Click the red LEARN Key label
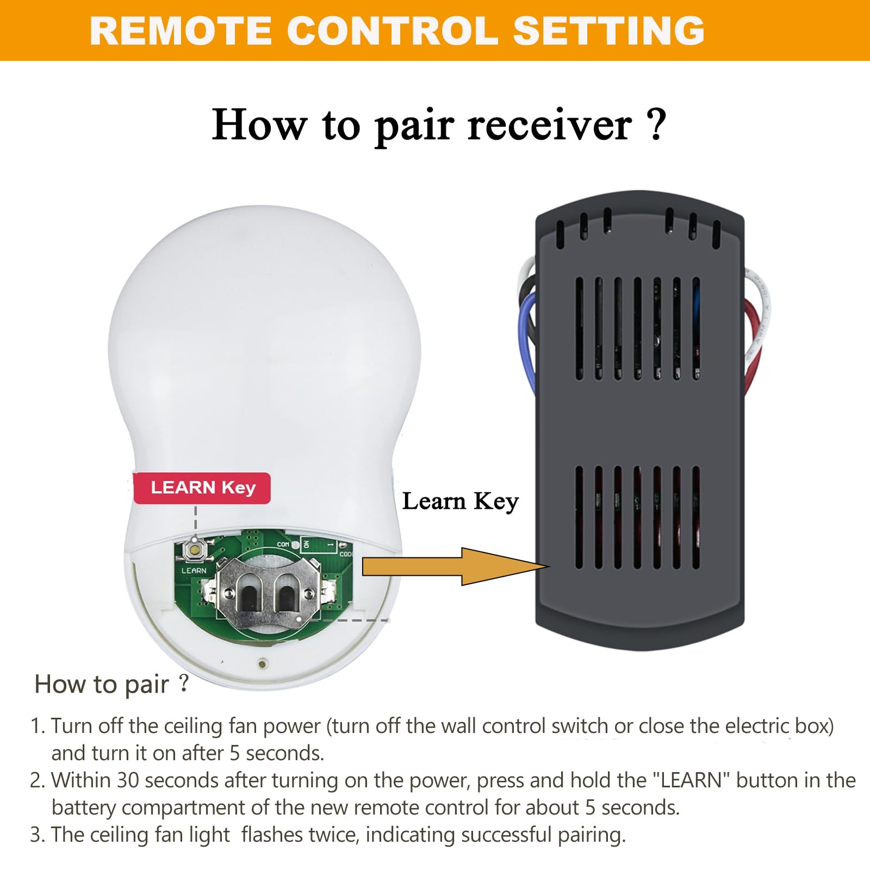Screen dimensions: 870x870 202,488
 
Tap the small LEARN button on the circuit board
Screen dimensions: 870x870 193,549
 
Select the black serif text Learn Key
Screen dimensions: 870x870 460,501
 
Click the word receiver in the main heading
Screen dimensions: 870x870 549,126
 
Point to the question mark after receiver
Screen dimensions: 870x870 657,125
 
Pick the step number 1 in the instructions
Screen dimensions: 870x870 36,726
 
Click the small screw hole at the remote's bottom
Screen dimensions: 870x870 263,663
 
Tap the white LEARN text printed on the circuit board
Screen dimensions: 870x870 194,570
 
